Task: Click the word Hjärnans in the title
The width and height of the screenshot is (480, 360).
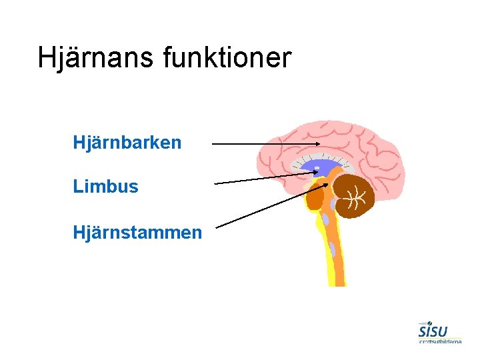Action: (x=96, y=58)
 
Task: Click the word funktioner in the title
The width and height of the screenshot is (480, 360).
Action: (x=227, y=58)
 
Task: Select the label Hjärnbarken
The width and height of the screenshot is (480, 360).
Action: (x=127, y=143)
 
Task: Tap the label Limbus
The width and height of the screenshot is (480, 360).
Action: (x=106, y=187)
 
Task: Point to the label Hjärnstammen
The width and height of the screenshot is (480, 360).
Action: (x=138, y=232)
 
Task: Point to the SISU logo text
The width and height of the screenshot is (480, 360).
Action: (x=433, y=331)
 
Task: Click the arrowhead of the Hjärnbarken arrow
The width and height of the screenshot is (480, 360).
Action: (x=318, y=144)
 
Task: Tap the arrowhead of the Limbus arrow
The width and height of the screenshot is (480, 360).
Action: (x=315, y=172)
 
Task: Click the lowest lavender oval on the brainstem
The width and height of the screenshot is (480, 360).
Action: (x=332, y=249)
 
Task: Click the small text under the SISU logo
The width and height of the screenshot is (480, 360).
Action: (x=440, y=341)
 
